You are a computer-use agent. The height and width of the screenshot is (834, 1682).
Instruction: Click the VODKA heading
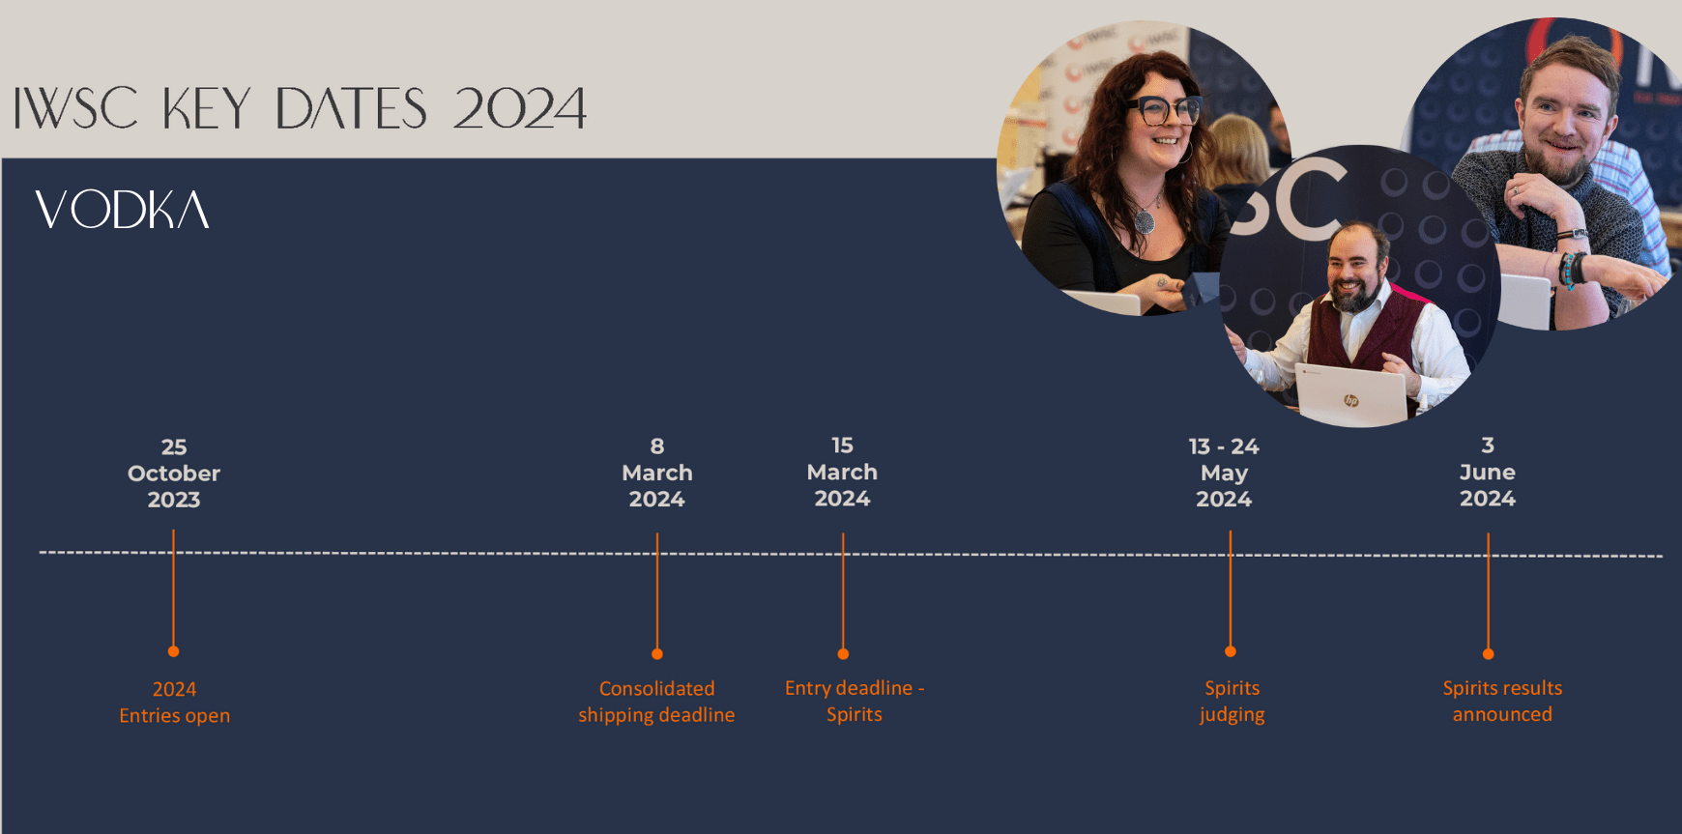coord(122,210)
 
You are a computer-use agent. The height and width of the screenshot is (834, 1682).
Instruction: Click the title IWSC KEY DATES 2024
coord(300,108)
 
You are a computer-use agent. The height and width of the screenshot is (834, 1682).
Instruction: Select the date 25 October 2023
coord(174,473)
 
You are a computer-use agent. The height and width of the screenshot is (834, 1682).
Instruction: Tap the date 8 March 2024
coord(657,472)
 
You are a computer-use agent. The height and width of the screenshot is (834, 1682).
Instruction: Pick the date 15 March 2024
coord(842,472)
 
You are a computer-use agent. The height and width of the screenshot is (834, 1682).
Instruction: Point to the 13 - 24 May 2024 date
coord(1224,473)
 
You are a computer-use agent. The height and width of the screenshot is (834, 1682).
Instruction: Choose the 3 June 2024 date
coord(1488,472)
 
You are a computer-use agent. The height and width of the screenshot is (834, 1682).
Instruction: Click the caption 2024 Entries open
coord(175,703)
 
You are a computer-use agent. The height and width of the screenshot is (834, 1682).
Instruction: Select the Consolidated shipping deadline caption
coord(656,702)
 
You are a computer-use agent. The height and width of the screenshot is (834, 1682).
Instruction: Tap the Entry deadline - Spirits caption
coord(855,701)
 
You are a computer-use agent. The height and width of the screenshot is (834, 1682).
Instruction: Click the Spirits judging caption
coord(1232,701)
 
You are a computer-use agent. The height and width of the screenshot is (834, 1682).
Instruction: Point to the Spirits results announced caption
coord(1502,701)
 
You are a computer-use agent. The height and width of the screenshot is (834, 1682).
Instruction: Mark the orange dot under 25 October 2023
coord(174,651)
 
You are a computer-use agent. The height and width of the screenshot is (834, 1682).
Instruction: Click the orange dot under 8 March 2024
coord(657,654)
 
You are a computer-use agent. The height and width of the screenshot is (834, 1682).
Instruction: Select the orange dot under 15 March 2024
coord(843,654)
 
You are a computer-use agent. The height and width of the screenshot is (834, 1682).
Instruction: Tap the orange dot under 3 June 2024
coord(1489,654)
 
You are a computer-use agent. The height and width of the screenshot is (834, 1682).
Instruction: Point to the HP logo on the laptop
coord(1351,400)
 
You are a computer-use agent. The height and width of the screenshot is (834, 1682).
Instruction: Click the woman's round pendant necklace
coord(1145,221)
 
